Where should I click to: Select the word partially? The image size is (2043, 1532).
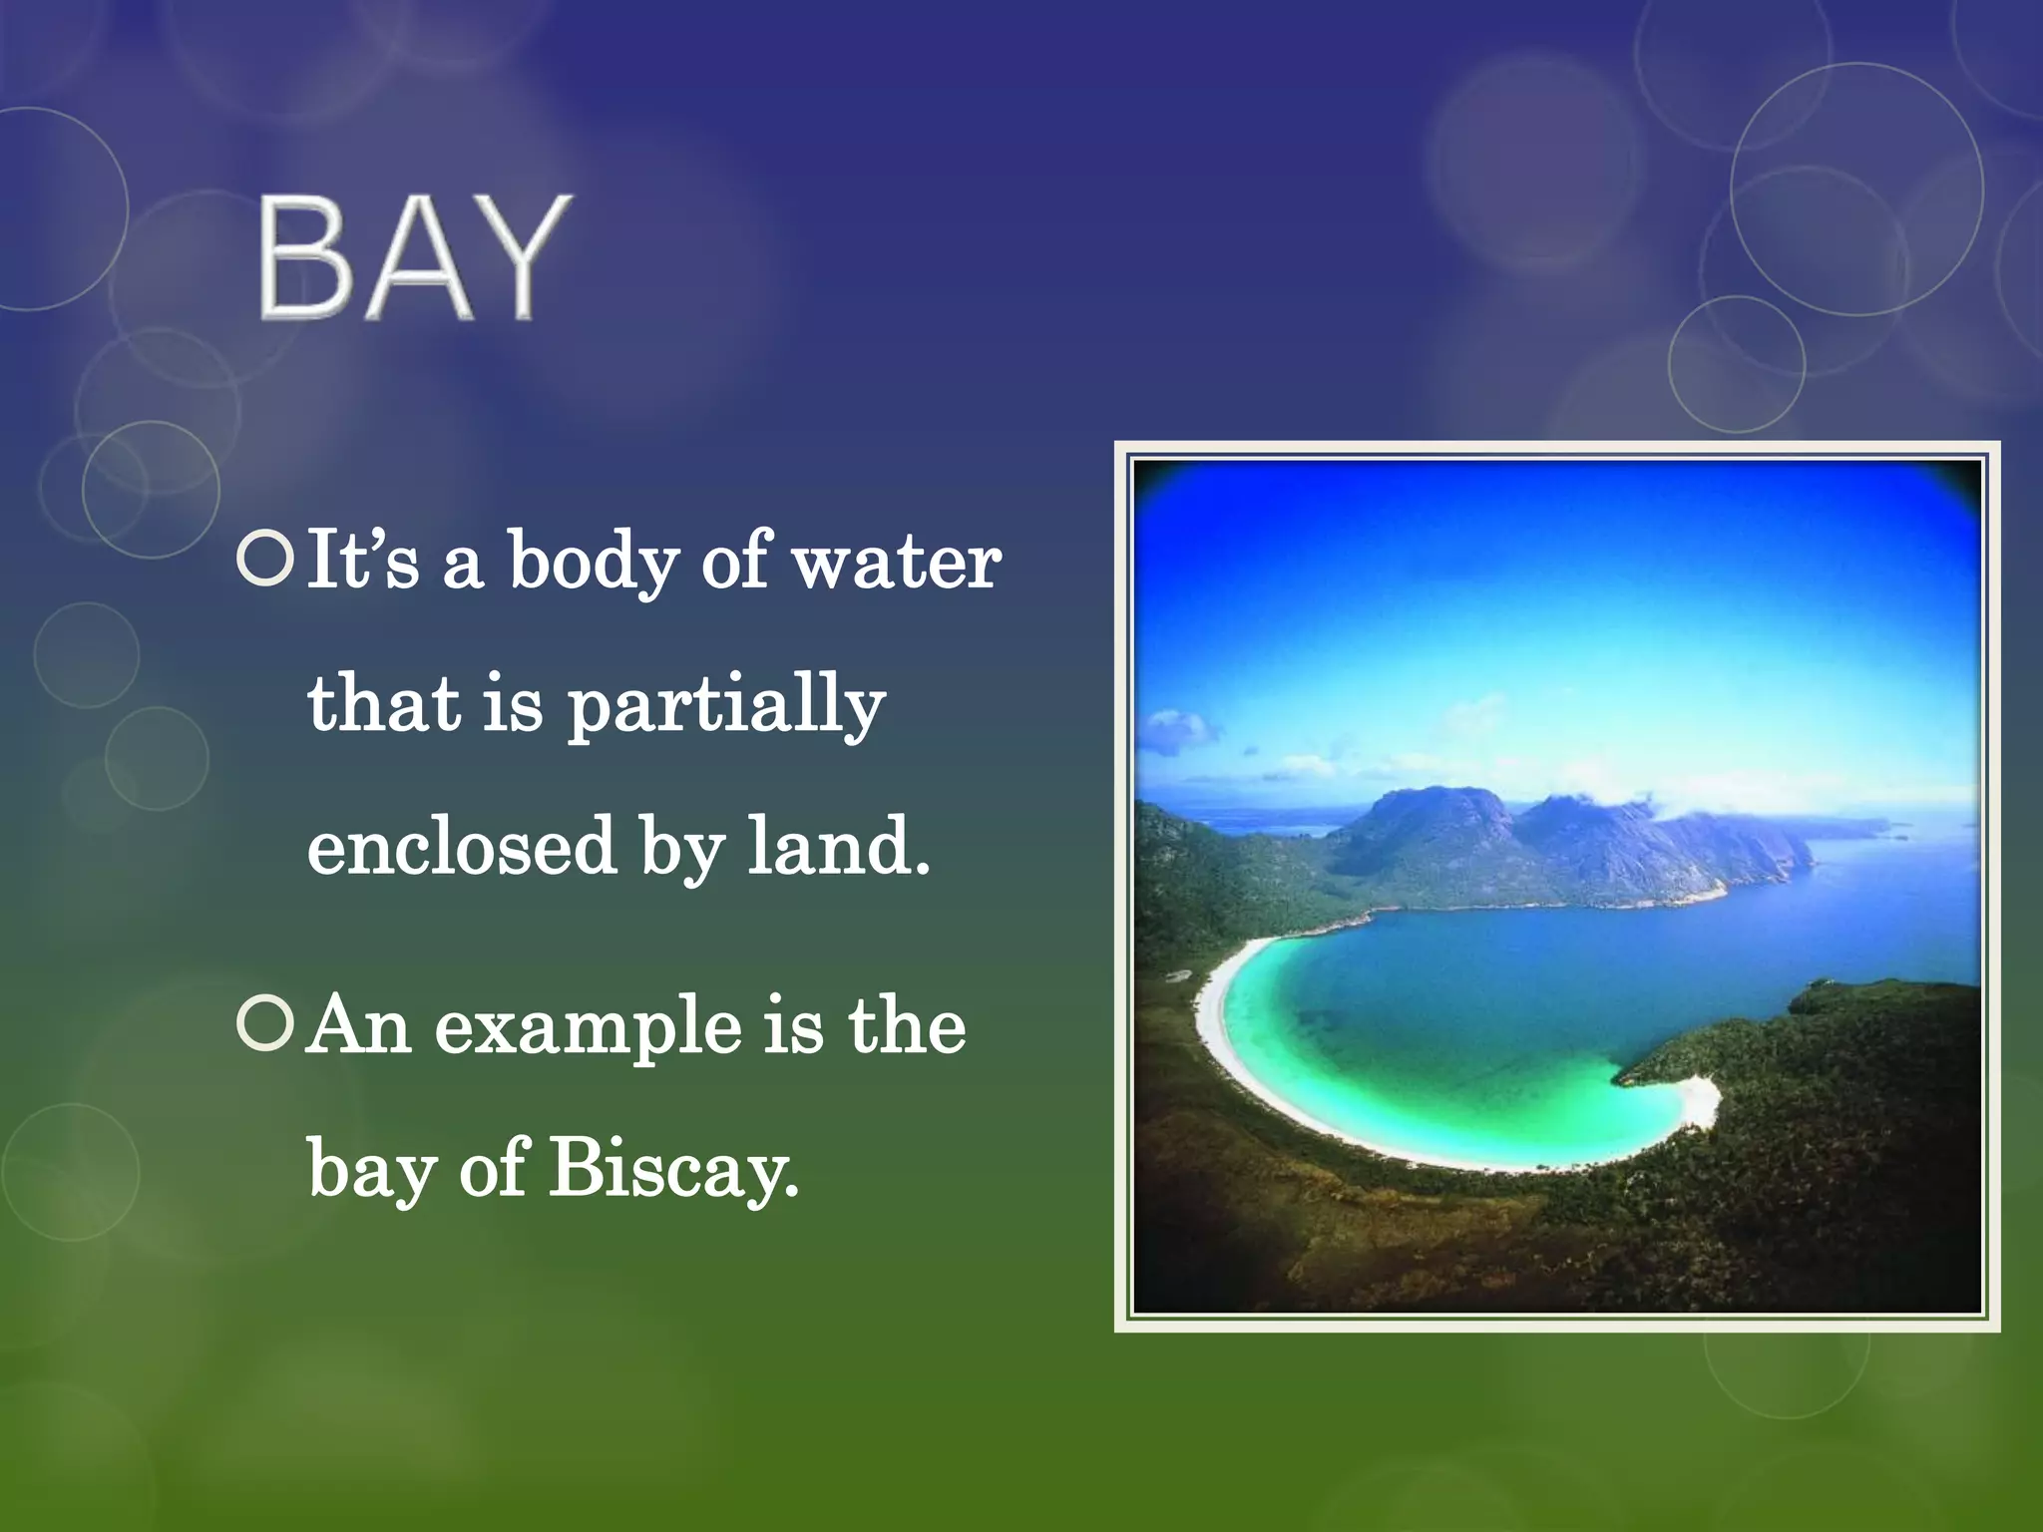[726, 706]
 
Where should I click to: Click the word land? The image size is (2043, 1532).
[838, 846]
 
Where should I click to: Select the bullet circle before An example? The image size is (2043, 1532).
[265, 1026]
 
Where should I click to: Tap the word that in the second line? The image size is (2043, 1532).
[382, 704]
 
